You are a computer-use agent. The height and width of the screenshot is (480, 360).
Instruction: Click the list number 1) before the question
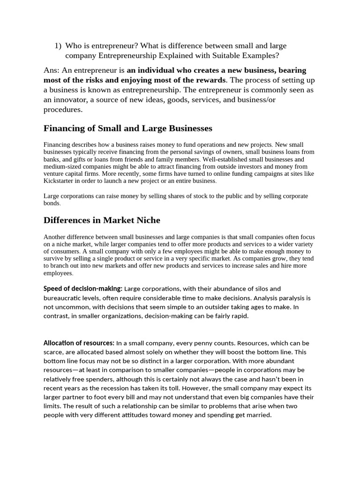point(58,46)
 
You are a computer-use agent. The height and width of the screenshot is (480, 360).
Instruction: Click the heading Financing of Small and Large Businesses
point(127,128)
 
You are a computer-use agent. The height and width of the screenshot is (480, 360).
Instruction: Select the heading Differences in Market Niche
point(102,220)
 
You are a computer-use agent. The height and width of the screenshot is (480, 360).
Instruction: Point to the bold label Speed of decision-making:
point(82,289)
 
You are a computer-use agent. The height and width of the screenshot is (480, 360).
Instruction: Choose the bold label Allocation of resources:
point(79,343)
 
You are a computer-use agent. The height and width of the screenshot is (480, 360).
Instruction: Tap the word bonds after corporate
point(52,203)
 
